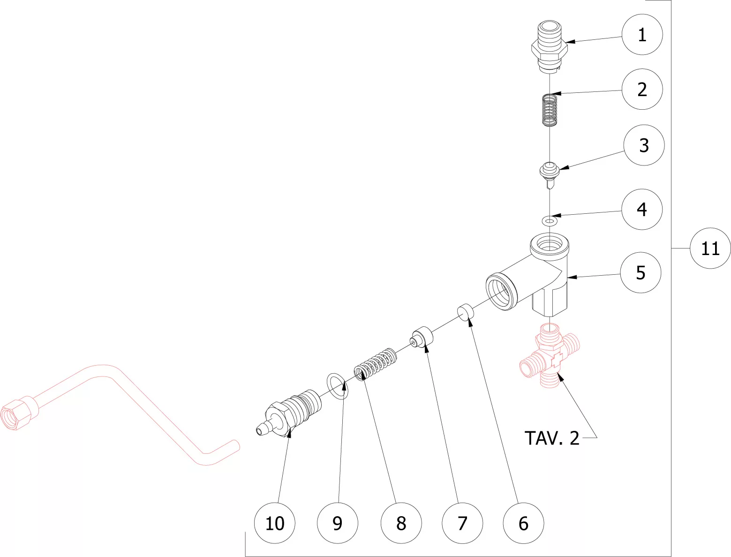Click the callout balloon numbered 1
click(x=642, y=35)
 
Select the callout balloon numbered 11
click(x=710, y=248)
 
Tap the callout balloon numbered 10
click(x=275, y=523)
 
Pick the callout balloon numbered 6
click(x=523, y=523)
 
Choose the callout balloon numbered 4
click(x=642, y=209)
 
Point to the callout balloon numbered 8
click(x=401, y=523)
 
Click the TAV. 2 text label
click(x=552, y=438)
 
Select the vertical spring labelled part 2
click(x=549, y=110)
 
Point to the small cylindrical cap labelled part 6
click(x=465, y=312)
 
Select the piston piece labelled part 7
click(x=421, y=339)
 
